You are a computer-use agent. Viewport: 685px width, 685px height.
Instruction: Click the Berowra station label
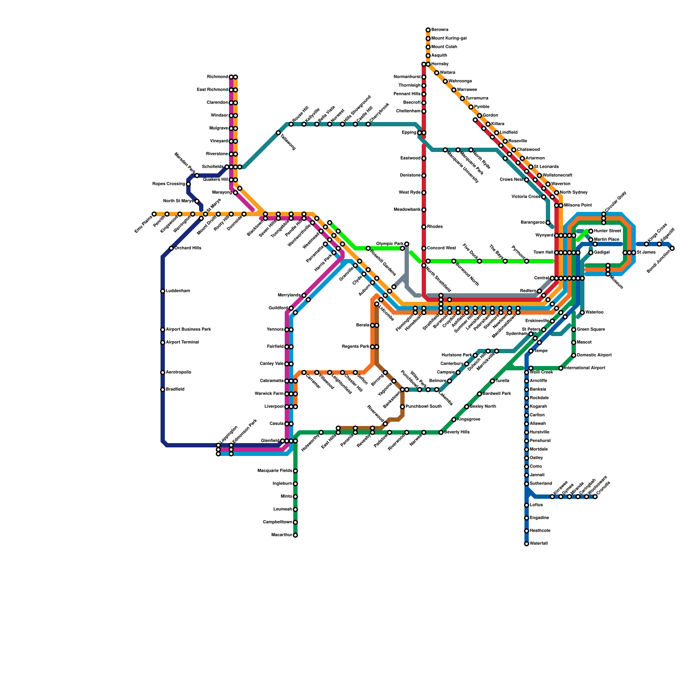click(x=440, y=30)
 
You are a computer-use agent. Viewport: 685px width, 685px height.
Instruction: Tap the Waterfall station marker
click(x=527, y=544)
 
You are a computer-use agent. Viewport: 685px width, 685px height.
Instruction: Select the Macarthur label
click(x=282, y=535)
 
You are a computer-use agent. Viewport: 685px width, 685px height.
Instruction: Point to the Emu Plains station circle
click(x=154, y=214)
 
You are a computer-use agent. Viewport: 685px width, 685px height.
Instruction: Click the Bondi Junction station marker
click(x=672, y=248)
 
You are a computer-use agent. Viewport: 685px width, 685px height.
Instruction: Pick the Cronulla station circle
click(x=595, y=497)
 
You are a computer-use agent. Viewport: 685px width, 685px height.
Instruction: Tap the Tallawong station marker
click(x=278, y=133)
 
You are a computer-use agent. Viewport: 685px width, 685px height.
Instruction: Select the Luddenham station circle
click(x=163, y=291)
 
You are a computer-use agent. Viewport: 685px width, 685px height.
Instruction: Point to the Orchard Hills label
click(x=188, y=248)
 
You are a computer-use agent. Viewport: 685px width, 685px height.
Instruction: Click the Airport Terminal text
click(x=182, y=342)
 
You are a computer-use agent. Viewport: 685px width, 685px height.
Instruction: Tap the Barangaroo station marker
click(x=548, y=223)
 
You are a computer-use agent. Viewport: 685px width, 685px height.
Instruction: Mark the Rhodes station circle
click(x=424, y=227)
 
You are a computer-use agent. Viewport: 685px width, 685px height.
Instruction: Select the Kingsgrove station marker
click(x=454, y=420)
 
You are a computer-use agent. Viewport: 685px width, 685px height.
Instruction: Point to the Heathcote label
click(x=540, y=531)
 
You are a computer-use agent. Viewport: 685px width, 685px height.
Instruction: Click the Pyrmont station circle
click(x=527, y=261)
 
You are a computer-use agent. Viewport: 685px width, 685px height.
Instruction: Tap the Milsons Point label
click(x=578, y=205)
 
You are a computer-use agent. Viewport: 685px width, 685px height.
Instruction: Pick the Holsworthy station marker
click(x=321, y=432)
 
